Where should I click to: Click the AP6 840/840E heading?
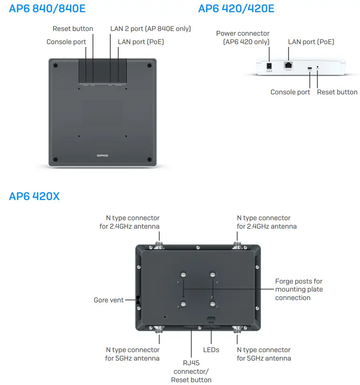pos(47,8)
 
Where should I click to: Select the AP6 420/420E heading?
pos(236,8)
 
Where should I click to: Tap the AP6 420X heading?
pos(34,196)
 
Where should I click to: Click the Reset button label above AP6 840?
pos(73,29)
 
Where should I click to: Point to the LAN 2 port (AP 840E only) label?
pos(150,29)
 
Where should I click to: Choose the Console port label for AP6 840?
pos(66,42)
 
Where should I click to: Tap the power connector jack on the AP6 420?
pos(269,67)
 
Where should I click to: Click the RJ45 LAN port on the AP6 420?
pos(288,66)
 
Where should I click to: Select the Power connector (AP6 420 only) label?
pos(243,38)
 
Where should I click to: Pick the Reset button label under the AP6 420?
pos(337,92)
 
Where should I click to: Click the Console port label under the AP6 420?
pos(290,92)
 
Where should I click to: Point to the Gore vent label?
pos(108,300)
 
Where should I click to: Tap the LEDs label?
pos(211,350)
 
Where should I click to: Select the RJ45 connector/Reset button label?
pos(191,371)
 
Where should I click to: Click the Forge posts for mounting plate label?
pos(299,289)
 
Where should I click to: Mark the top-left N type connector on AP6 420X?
pos(159,245)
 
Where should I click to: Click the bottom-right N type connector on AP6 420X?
pos(237,329)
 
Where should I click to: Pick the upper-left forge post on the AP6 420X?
pos(184,274)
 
